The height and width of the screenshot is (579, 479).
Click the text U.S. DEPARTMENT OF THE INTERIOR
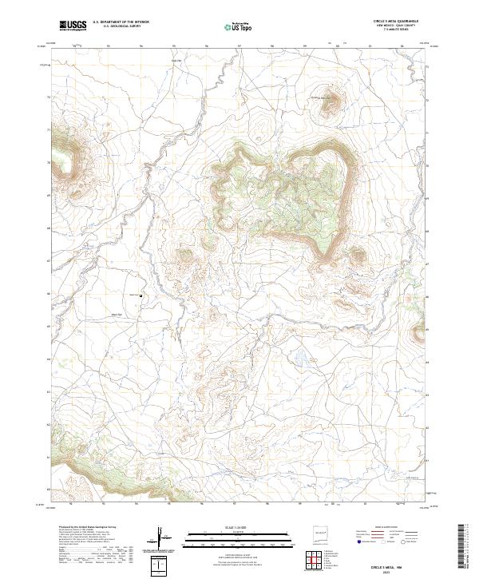point(121,22)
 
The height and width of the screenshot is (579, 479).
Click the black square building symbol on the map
point(141,296)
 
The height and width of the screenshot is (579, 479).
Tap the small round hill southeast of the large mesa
point(356,255)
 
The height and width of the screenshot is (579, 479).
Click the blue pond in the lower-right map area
point(299,356)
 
